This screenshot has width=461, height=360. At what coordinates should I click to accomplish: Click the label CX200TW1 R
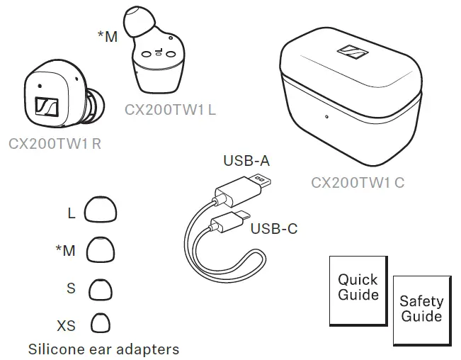(55, 143)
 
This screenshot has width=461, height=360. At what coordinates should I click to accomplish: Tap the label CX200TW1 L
(170, 111)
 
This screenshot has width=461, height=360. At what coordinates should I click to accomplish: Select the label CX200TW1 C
(358, 182)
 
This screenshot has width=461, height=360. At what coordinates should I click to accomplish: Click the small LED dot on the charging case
(326, 118)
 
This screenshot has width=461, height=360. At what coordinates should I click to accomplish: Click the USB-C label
(273, 228)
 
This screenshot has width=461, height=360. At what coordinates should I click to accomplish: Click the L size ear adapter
(101, 210)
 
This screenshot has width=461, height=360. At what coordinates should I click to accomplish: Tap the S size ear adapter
(101, 288)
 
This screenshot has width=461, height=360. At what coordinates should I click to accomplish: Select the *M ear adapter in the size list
(101, 249)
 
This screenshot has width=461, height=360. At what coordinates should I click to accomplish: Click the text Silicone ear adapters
(103, 349)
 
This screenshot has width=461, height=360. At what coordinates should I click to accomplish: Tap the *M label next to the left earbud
(108, 36)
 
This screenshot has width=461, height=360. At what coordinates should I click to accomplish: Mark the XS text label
(66, 326)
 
